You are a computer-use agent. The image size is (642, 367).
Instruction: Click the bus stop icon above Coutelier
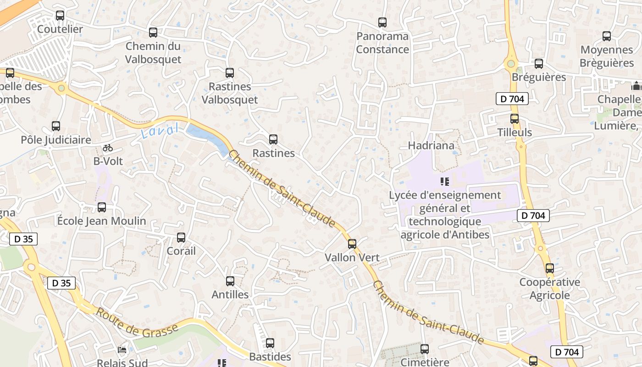pos(60,16)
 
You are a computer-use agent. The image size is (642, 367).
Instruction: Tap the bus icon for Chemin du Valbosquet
pos(153,33)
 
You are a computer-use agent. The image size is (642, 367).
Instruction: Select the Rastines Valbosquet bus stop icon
pos(230,73)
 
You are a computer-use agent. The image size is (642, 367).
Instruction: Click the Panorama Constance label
pos(382,43)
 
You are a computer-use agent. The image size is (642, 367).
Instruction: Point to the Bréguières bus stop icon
pos(539,64)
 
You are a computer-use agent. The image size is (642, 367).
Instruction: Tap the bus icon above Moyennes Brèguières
pos(607,36)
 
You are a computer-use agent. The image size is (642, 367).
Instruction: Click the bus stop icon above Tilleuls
pos(515,119)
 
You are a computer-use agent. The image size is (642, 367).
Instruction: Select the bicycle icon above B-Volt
pos(108,148)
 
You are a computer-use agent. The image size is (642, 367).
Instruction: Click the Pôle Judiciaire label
pos(56,140)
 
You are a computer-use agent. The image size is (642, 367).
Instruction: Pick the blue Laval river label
pos(159,132)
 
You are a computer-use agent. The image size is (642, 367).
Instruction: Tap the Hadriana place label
pos(431,146)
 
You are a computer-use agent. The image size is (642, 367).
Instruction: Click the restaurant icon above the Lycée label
pos(444,182)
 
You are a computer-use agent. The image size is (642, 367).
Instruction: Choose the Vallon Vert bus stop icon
pos(352,244)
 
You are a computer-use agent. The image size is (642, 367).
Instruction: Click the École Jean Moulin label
pos(102,221)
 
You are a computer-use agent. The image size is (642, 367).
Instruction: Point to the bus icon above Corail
pos(181,238)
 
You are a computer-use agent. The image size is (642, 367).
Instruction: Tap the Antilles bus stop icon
pos(230,281)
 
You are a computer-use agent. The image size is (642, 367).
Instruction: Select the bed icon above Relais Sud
pos(122,350)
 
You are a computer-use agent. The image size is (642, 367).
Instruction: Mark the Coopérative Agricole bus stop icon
pos(549,268)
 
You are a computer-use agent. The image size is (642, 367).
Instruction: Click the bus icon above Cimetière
pos(425,349)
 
